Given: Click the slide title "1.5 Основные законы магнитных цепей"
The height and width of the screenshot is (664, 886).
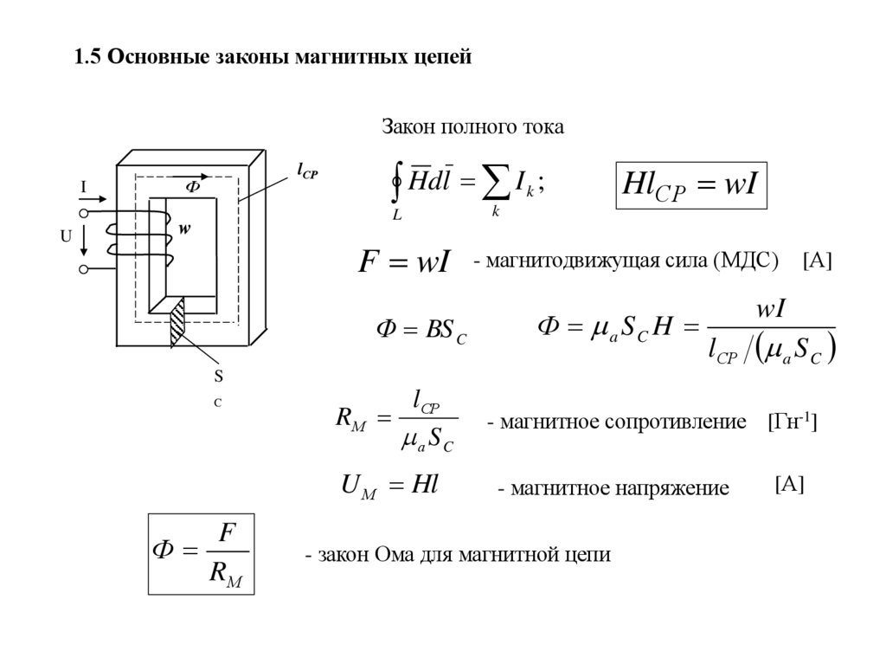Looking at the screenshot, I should [x=273, y=58].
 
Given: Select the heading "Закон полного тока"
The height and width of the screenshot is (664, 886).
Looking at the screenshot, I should [x=473, y=128].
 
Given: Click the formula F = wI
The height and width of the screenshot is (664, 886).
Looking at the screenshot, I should [x=404, y=262].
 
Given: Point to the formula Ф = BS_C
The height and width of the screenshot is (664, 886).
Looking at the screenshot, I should [x=421, y=332].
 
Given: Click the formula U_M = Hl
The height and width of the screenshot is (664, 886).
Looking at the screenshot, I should [x=388, y=486].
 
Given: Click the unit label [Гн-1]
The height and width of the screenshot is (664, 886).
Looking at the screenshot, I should [x=792, y=422].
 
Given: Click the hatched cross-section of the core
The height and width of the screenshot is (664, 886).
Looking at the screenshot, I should [x=178, y=323].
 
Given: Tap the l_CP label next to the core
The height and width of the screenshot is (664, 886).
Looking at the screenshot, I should [x=307, y=172].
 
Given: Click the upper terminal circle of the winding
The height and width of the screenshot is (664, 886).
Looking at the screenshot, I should [x=84, y=212].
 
